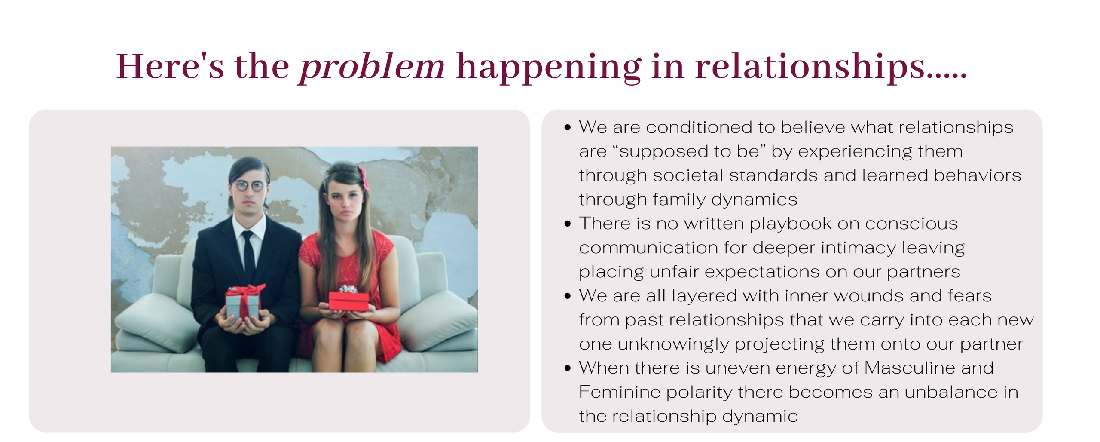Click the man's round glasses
(249, 186)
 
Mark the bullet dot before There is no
(568, 224)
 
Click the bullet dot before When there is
(568, 368)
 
